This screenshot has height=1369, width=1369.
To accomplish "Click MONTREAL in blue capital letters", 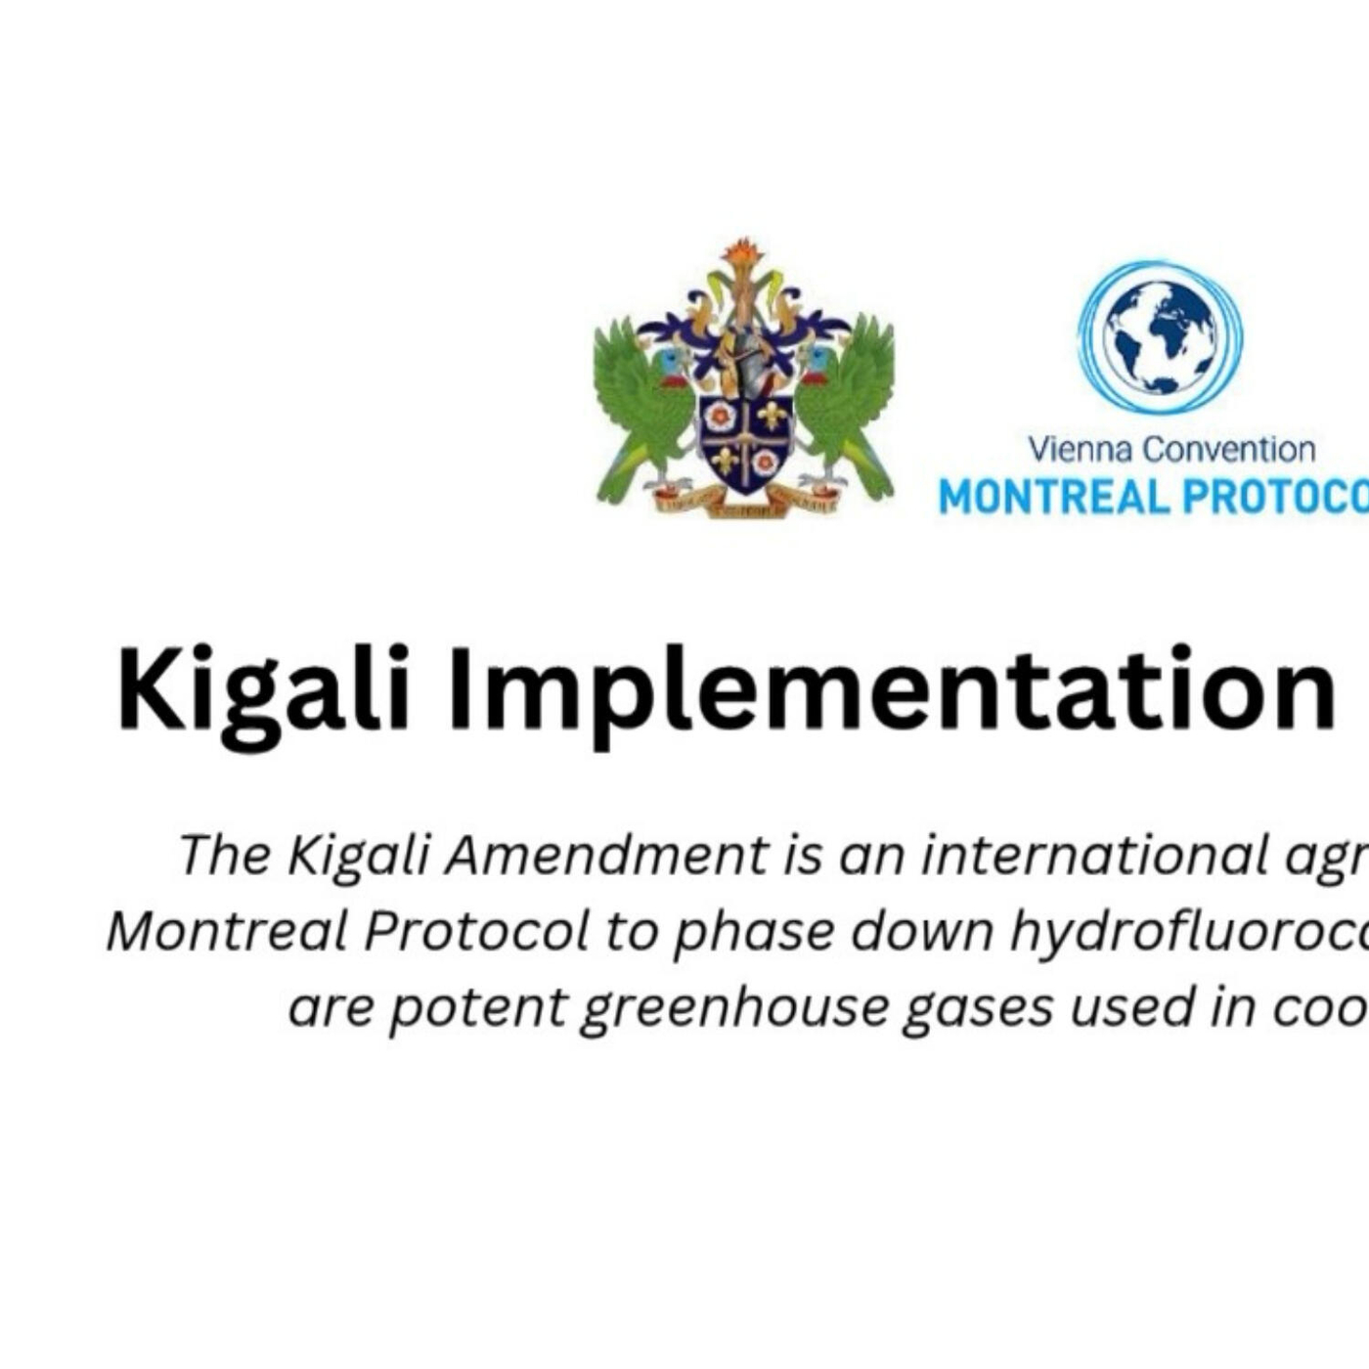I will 1054,498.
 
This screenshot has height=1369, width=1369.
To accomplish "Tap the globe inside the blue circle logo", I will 1160,336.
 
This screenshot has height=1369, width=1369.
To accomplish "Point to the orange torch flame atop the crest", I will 743,251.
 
